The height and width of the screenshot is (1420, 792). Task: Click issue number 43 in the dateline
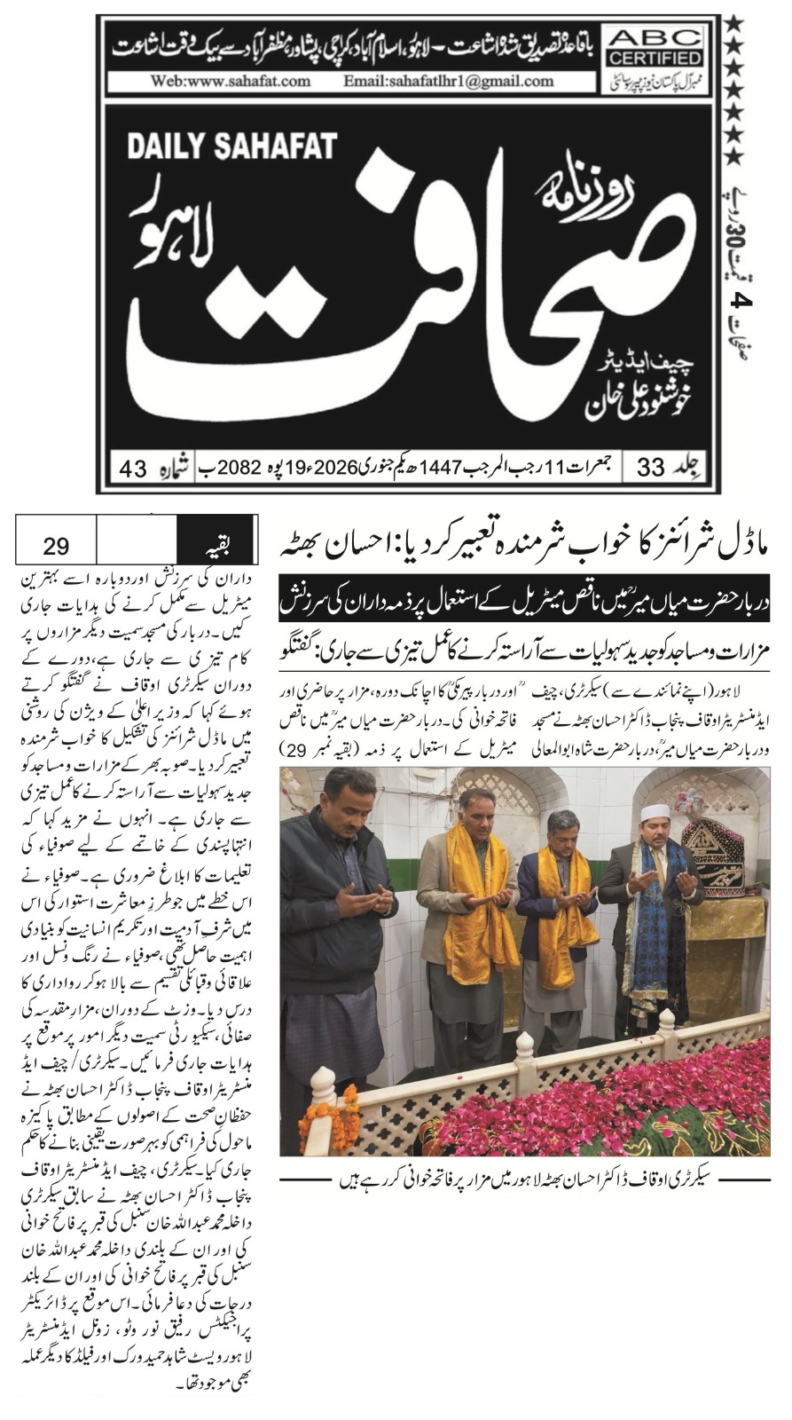[133, 468]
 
